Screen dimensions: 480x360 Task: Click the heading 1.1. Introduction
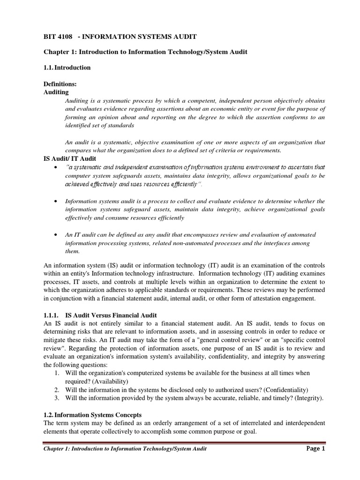point(67,67)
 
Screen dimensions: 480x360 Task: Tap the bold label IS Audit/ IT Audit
point(69,159)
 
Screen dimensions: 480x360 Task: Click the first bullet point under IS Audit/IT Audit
point(56,167)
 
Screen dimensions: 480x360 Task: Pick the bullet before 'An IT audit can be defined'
point(56,234)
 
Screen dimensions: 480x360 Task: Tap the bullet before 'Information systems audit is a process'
point(56,201)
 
